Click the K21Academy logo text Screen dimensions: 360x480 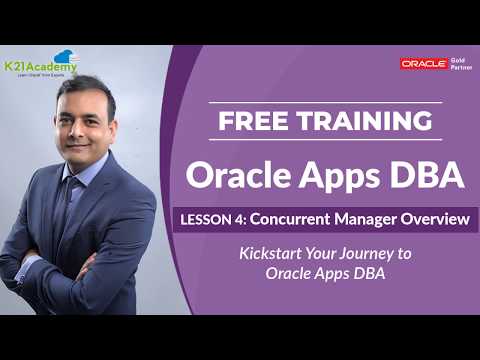pyautogui.click(x=40, y=68)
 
